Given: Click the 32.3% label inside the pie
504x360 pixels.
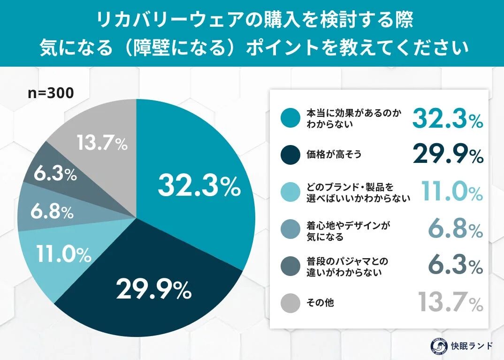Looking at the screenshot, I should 199,186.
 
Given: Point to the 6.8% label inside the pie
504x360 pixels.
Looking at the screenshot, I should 52,212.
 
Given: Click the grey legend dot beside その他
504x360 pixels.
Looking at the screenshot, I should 290,303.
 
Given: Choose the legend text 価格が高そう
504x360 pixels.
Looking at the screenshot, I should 334,154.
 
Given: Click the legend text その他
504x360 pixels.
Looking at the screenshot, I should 320,303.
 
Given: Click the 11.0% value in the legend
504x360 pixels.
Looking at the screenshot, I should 451,191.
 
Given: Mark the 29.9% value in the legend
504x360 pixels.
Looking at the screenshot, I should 448,153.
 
